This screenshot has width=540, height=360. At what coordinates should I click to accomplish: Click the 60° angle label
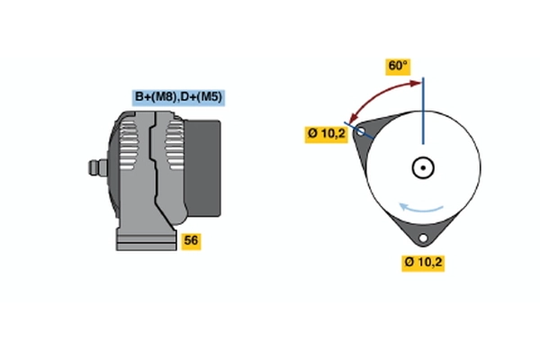pos(398,66)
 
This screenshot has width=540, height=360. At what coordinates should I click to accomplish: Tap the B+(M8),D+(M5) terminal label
pos(178,97)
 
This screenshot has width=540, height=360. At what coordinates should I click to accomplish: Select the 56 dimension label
pos(191,240)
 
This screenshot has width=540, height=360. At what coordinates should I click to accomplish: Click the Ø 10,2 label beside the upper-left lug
pos(326,134)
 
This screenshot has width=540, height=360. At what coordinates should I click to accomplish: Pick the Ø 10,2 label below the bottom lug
pos(423,263)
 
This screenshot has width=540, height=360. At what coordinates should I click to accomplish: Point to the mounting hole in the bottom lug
pos(423,238)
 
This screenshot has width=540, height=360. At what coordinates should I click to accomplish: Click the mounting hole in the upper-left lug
pos(361,131)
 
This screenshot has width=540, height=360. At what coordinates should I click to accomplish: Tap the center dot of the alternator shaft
pos(423,167)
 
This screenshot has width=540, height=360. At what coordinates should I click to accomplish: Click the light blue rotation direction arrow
pos(420,209)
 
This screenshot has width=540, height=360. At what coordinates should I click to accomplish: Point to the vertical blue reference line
pos(423,111)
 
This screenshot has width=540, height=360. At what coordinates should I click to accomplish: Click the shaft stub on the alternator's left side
pos(98,167)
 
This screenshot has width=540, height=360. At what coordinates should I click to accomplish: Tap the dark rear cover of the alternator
pos(202,168)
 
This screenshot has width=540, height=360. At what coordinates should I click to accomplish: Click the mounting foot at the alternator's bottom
pos(147,240)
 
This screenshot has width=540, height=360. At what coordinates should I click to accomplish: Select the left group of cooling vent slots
pos(128,145)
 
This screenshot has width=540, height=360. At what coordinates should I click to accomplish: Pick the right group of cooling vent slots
pos(175,145)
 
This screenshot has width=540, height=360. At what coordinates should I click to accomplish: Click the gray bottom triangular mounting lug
pos(423,230)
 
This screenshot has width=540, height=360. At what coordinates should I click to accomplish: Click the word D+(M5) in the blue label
pos(202,97)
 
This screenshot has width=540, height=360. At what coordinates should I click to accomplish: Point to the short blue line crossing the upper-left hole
pos(359,130)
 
